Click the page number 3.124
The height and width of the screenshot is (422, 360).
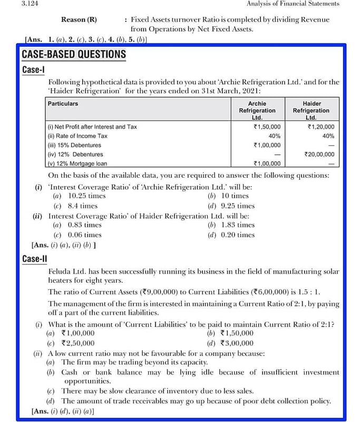31,4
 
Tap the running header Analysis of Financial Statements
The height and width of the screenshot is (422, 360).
293,4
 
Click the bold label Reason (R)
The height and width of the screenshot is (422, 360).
79,20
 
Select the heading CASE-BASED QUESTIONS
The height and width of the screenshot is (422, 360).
74,54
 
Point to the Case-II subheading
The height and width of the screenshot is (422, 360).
35,258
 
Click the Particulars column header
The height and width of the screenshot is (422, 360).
63,104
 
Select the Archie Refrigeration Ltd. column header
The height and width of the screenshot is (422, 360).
257,110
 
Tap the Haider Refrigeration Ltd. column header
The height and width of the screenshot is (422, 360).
310,110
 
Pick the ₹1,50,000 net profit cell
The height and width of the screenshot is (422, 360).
267,127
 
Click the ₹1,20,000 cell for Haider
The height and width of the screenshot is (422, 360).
320,127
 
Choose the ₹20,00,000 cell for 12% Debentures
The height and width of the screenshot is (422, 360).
319,154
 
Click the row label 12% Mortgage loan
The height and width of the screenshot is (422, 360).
77,164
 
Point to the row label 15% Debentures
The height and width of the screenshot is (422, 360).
74,145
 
